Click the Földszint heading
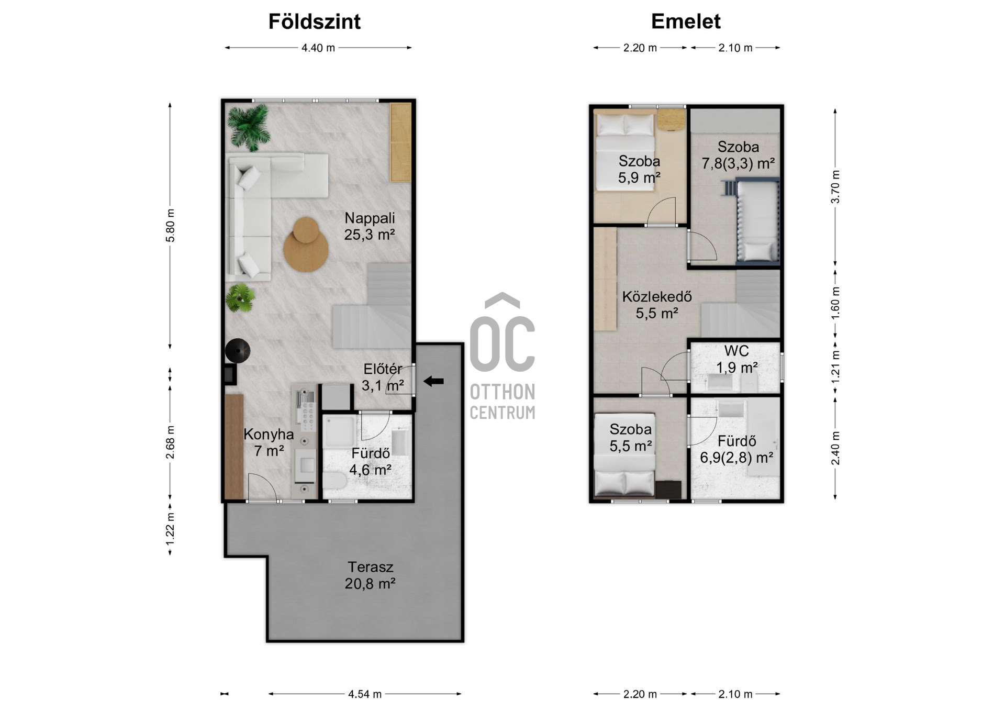[315, 21]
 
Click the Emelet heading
[686, 21]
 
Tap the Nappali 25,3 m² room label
[370, 226]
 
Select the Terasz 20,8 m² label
[370, 575]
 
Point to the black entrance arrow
[433, 381]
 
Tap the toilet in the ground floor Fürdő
[333, 480]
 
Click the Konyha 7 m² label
[269, 442]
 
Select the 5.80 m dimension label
[170, 226]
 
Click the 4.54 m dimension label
[365, 694]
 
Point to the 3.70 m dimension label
[835, 187]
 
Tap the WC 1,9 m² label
[736, 359]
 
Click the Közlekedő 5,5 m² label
[657, 305]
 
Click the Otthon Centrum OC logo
[502, 356]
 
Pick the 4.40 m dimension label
[318, 48]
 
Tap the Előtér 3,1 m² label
[383, 377]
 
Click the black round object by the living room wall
[238, 351]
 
